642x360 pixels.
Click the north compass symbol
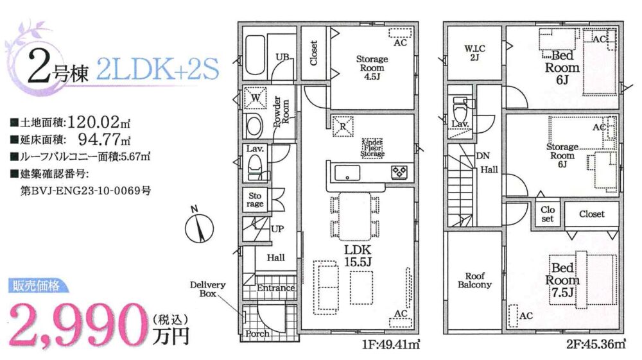[x=199, y=227]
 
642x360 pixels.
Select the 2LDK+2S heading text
[x=158, y=69]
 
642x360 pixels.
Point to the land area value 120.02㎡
[x=98, y=122]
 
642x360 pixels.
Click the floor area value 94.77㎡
[x=104, y=139]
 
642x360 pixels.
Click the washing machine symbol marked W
[x=255, y=98]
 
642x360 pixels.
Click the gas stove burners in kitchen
[x=399, y=172]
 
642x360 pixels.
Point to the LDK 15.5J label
[x=358, y=255]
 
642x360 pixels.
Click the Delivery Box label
[x=207, y=289]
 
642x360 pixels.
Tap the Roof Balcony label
[x=474, y=280]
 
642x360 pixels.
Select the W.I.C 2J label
[x=474, y=53]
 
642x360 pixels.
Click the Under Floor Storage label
[x=372, y=148]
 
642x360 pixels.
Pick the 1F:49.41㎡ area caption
[x=391, y=345]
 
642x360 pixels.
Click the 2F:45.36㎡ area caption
[x=596, y=345]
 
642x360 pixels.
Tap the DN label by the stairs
[x=483, y=156]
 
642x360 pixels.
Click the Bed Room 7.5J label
[x=562, y=280]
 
